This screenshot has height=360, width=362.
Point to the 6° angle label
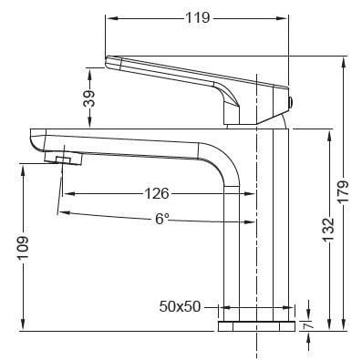(x=160, y=219)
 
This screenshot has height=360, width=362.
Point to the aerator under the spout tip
(x=64, y=160)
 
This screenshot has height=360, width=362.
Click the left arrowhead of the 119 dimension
(x=110, y=17)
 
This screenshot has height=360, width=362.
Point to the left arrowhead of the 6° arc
(x=61, y=212)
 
